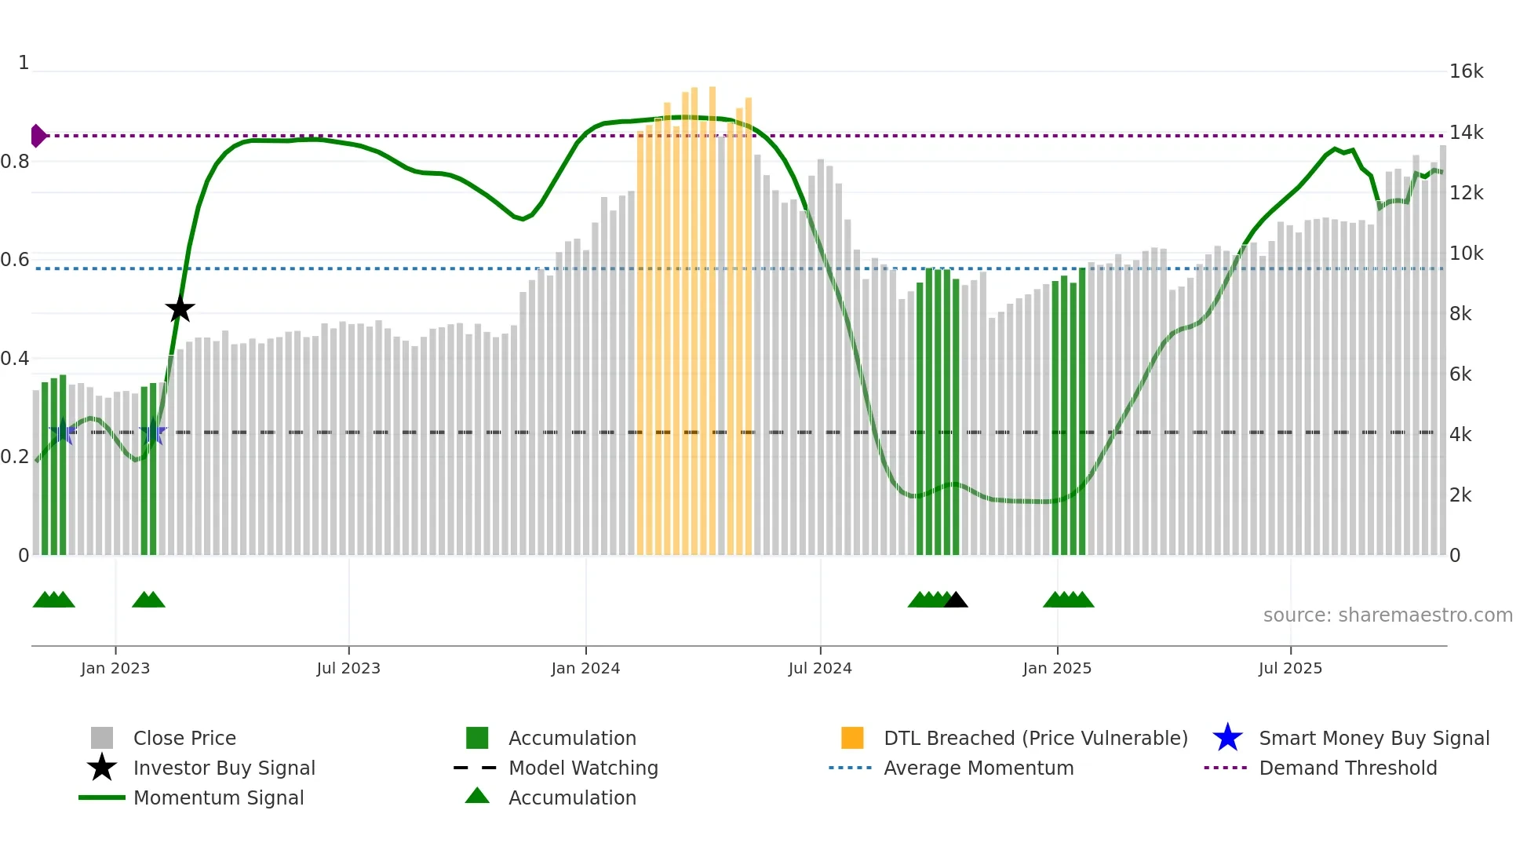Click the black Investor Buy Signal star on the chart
180,308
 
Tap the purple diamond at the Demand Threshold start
38,136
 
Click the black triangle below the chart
956,600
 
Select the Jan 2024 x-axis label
585,668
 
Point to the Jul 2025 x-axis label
1290,668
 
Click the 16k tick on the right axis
1466,71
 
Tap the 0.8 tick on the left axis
15,162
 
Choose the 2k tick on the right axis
1460,495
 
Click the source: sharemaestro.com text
1387,615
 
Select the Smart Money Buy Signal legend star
1227,738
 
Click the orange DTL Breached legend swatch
852,738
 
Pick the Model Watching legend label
583,768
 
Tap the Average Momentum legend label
979,768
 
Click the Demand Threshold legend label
1347,768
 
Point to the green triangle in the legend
477,796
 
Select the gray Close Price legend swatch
102,738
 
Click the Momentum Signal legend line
102,797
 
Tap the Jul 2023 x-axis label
348,668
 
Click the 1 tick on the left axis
24,63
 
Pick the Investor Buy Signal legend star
102,768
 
